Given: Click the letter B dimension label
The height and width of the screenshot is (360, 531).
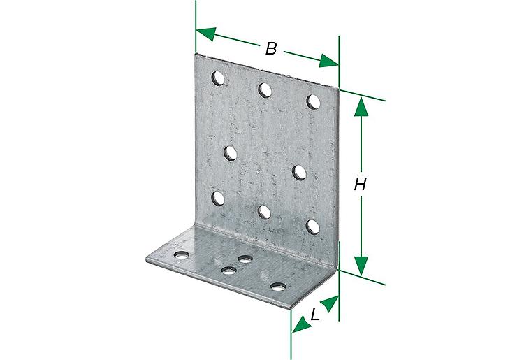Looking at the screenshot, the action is pyautogui.click(x=271, y=48).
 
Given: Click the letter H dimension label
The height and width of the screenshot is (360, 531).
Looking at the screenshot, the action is pyautogui.click(x=361, y=185).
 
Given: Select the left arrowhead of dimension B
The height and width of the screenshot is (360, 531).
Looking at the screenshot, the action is pyautogui.click(x=206, y=34).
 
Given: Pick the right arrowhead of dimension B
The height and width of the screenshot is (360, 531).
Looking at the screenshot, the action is pyautogui.click(x=328, y=61).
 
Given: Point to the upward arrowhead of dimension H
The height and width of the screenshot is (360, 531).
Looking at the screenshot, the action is pyautogui.click(x=361, y=107).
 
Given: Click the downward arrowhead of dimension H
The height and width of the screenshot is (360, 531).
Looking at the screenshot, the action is pyautogui.click(x=361, y=266).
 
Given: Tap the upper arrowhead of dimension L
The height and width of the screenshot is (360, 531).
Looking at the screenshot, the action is pyautogui.click(x=330, y=303).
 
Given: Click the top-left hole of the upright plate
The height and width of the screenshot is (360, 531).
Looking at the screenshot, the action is pyautogui.click(x=219, y=78).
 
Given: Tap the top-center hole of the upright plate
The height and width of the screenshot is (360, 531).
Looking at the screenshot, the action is pyautogui.click(x=265, y=90).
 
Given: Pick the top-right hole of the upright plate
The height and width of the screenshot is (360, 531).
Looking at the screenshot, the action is pyautogui.click(x=313, y=102).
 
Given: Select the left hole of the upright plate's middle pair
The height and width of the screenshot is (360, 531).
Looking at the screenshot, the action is pyautogui.click(x=231, y=153).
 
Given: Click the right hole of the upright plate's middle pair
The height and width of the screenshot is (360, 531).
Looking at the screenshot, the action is pyautogui.click(x=299, y=172).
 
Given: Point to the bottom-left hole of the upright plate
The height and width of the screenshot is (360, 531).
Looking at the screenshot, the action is pyautogui.click(x=218, y=199).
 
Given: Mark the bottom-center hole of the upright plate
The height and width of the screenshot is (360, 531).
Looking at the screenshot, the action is pyautogui.click(x=265, y=212).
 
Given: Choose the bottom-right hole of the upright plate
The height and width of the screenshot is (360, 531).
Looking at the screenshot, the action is pyautogui.click(x=313, y=226).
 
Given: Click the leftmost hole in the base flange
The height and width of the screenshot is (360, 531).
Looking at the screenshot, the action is pyautogui.click(x=182, y=255).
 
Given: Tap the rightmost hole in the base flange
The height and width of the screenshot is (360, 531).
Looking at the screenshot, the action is pyautogui.click(x=278, y=287).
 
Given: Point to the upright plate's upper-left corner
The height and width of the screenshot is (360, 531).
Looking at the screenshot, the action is pyautogui.click(x=196, y=55).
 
